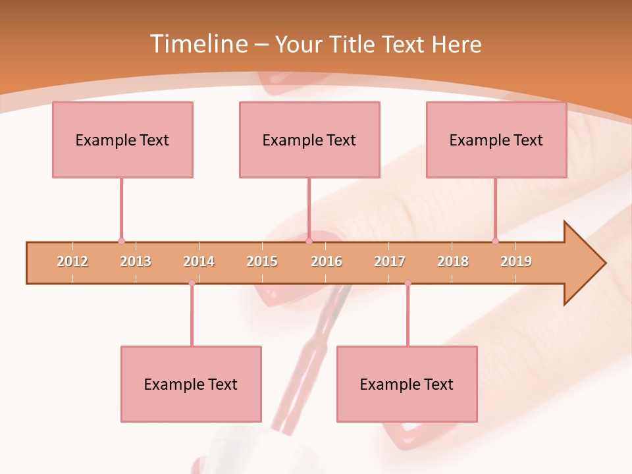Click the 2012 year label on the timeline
tap(72, 261)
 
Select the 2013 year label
tap(136, 261)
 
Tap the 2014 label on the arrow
tap(199, 261)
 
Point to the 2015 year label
tap(262, 261)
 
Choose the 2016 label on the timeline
tap(327, 261)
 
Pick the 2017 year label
tap(390, 261)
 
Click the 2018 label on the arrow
tap(453, 261)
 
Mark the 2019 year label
tap(516, 261)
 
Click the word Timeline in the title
tap(197, 44)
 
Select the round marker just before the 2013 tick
tap(121, 241)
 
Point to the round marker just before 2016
tap(309, 241)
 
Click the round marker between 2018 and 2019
tap(495, 241)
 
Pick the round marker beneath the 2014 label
tap(192, 283)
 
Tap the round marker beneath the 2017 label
tap(408, 283)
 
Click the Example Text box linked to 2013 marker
tap(122, 140)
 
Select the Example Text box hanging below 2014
tap(191, 384)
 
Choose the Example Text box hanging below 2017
tap(407, 384)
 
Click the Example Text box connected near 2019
tap(496, 140)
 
